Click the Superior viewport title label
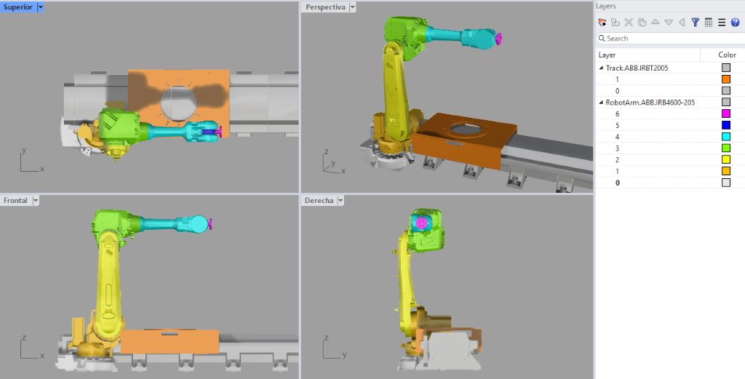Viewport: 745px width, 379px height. [x=17, y=7]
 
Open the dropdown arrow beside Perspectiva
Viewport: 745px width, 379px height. [x=353, y=7]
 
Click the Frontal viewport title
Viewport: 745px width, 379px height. [x=15, y=200]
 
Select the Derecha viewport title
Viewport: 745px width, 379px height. [x=319, y=200]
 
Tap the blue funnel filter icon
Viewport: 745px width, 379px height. [x=695, y=23]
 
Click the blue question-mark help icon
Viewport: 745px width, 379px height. [x=735, y=23]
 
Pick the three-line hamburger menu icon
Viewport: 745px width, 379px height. [x=722, y=23]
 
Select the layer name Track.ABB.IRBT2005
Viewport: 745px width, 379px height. [x=637, y=68]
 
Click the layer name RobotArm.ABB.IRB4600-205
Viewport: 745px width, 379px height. [x=650, y=103]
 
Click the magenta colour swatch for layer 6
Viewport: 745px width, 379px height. [x=725, y=113]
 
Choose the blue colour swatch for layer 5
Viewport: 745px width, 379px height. [x=725, y=125]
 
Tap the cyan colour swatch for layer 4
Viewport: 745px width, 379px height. [x=725, y=137]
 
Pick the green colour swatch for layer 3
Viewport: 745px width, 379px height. [x=725, y=148]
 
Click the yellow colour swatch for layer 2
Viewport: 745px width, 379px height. [x=725, y=159]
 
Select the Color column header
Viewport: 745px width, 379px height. [x=727, y=55]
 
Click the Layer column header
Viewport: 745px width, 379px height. [x=607, y=55]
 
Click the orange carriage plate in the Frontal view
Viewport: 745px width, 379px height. [x=169, y=341]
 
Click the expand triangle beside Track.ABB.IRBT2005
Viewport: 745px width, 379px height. [x=601, y=68]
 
